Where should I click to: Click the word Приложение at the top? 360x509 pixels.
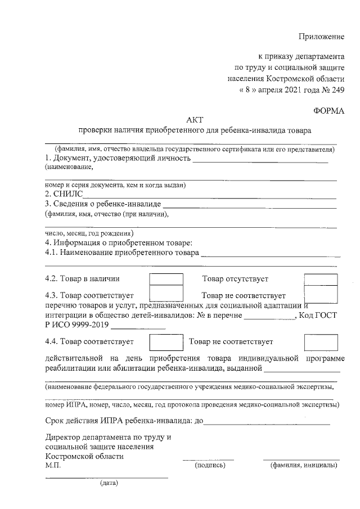321,37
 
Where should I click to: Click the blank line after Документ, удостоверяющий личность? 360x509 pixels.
260,161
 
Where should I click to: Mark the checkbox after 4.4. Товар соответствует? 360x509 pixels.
166,342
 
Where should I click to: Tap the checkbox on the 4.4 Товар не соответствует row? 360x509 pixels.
321,342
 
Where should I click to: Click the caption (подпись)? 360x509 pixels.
209,466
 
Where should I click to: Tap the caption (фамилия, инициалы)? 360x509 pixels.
303,466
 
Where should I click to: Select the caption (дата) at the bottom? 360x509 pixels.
109,483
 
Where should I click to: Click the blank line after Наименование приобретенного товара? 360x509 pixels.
271,254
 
